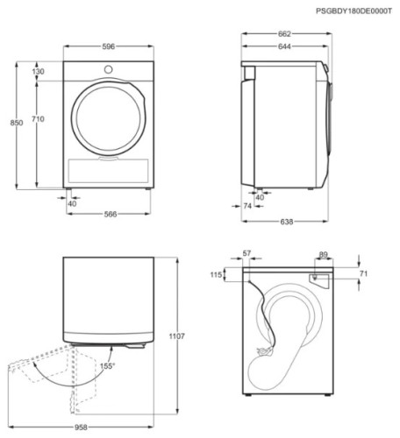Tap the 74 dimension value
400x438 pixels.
coord(247,205)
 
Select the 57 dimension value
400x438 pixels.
coord(246,253)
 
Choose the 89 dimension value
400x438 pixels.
coord(324,255)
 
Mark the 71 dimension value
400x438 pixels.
coord(364,274)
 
